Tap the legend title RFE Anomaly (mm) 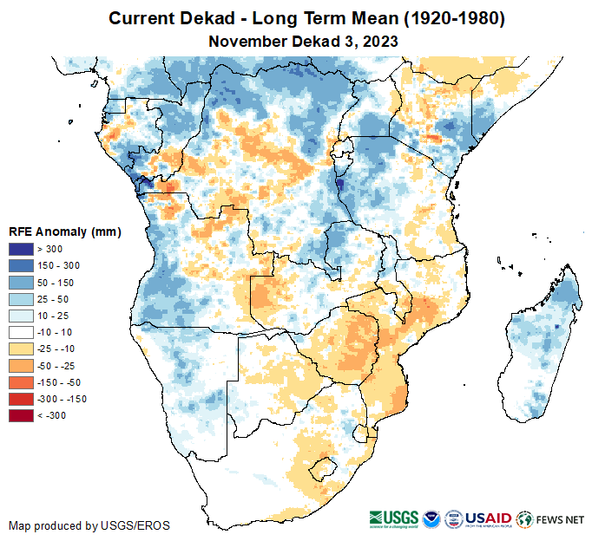[65, 231]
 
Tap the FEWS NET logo [550, 519]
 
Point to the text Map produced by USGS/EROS [89, 525]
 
